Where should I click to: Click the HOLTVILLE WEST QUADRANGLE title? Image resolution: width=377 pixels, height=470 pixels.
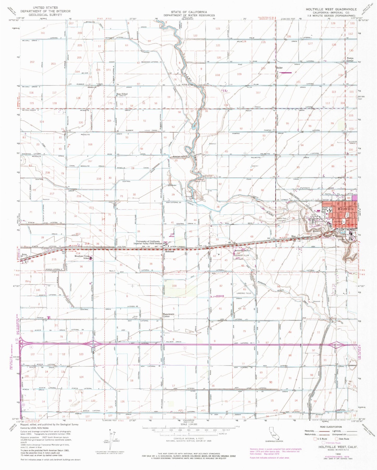331,9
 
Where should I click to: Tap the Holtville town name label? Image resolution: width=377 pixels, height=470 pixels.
346,209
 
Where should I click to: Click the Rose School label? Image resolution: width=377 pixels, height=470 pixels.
122,94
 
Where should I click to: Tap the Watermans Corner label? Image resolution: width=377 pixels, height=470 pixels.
170,315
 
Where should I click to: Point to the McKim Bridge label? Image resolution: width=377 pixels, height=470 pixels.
187,85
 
